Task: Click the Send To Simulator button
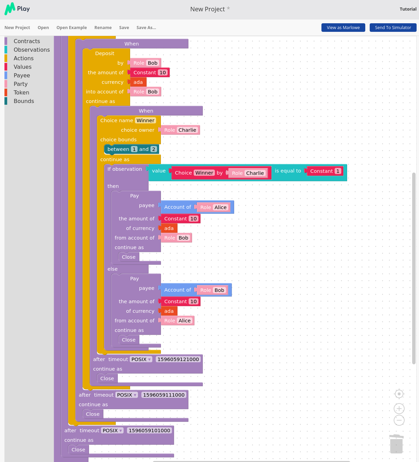click(x=393, y=28)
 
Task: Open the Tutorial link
click(x=408, y=9)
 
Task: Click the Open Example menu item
click(x=72, y=28)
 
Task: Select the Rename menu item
click(x=103, y=28)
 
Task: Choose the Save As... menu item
click(x=146, y=28)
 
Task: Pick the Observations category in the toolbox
click(x=31, y=50)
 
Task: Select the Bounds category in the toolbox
click(x=24, y=101)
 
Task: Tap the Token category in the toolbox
click(x=22, y=93)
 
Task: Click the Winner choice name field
click(x=145, y=120)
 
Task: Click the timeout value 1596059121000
click(x=178, y=359)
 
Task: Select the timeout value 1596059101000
click(x=149, y=431)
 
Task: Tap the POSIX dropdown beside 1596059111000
click(x=127, y=395)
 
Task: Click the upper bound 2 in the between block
click(x=153, y=149)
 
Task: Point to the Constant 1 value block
click(x=325, y=171)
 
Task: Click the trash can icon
click(x=396, y=444)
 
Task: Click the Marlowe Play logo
click(x=17, y=9)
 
